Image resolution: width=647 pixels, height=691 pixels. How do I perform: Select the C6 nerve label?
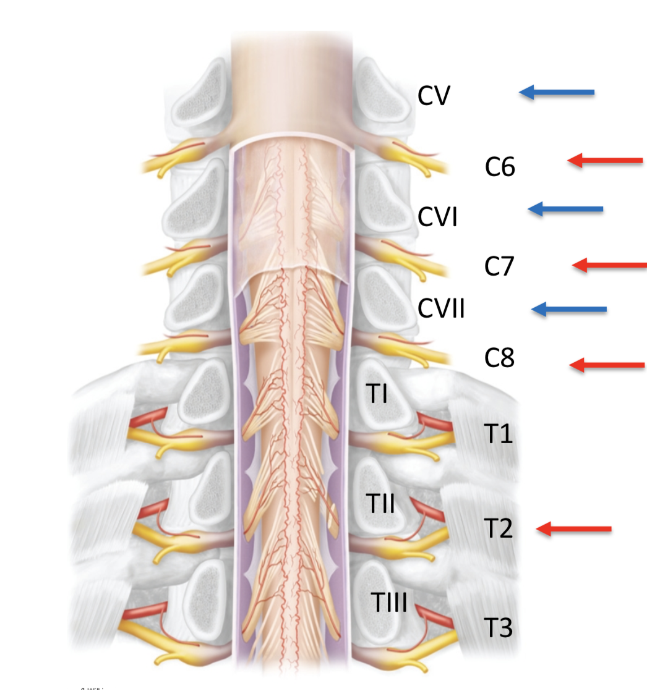click(500, 167)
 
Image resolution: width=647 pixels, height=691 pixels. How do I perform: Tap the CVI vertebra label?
click(437, 217)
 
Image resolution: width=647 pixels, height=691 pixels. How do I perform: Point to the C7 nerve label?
click(500, 266)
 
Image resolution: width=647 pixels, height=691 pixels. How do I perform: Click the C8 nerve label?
click(500, 358)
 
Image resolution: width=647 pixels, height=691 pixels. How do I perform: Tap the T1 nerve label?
click(499, 435)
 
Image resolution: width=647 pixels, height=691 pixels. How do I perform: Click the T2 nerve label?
click(499, 529)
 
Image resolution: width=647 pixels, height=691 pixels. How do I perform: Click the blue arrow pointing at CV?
click(556, 93)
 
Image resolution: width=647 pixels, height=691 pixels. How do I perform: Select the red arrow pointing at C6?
click(605, 161)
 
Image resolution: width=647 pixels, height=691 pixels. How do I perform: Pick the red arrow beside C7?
click(609, 266)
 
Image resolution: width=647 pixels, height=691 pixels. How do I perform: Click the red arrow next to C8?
click(607, 365)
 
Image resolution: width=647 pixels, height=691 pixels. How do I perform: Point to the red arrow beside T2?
click(574, 528)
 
